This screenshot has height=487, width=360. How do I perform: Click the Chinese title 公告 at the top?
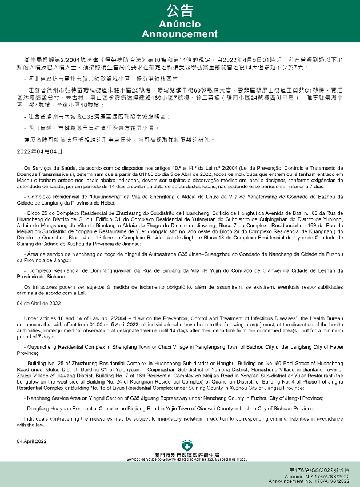(x=179, y=10)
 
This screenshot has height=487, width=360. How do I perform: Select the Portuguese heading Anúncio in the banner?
(x=179, y=24)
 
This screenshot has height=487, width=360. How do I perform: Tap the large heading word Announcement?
(x=179, y=34)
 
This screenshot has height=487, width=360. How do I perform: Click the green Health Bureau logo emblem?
(x=186, y=445)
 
